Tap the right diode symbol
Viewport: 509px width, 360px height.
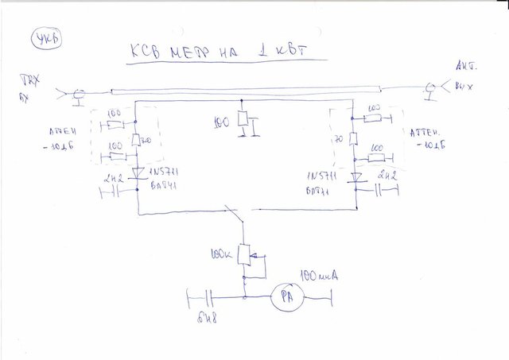[356, 177]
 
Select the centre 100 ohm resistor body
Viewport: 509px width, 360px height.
[244, 125]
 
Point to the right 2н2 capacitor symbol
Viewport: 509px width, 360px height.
[387, 190]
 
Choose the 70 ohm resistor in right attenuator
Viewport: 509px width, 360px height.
[355, 140]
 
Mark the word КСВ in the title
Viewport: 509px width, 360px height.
[146, 55]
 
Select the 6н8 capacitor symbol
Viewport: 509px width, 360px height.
[208, 299]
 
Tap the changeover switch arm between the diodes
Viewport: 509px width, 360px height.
[236, 214]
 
